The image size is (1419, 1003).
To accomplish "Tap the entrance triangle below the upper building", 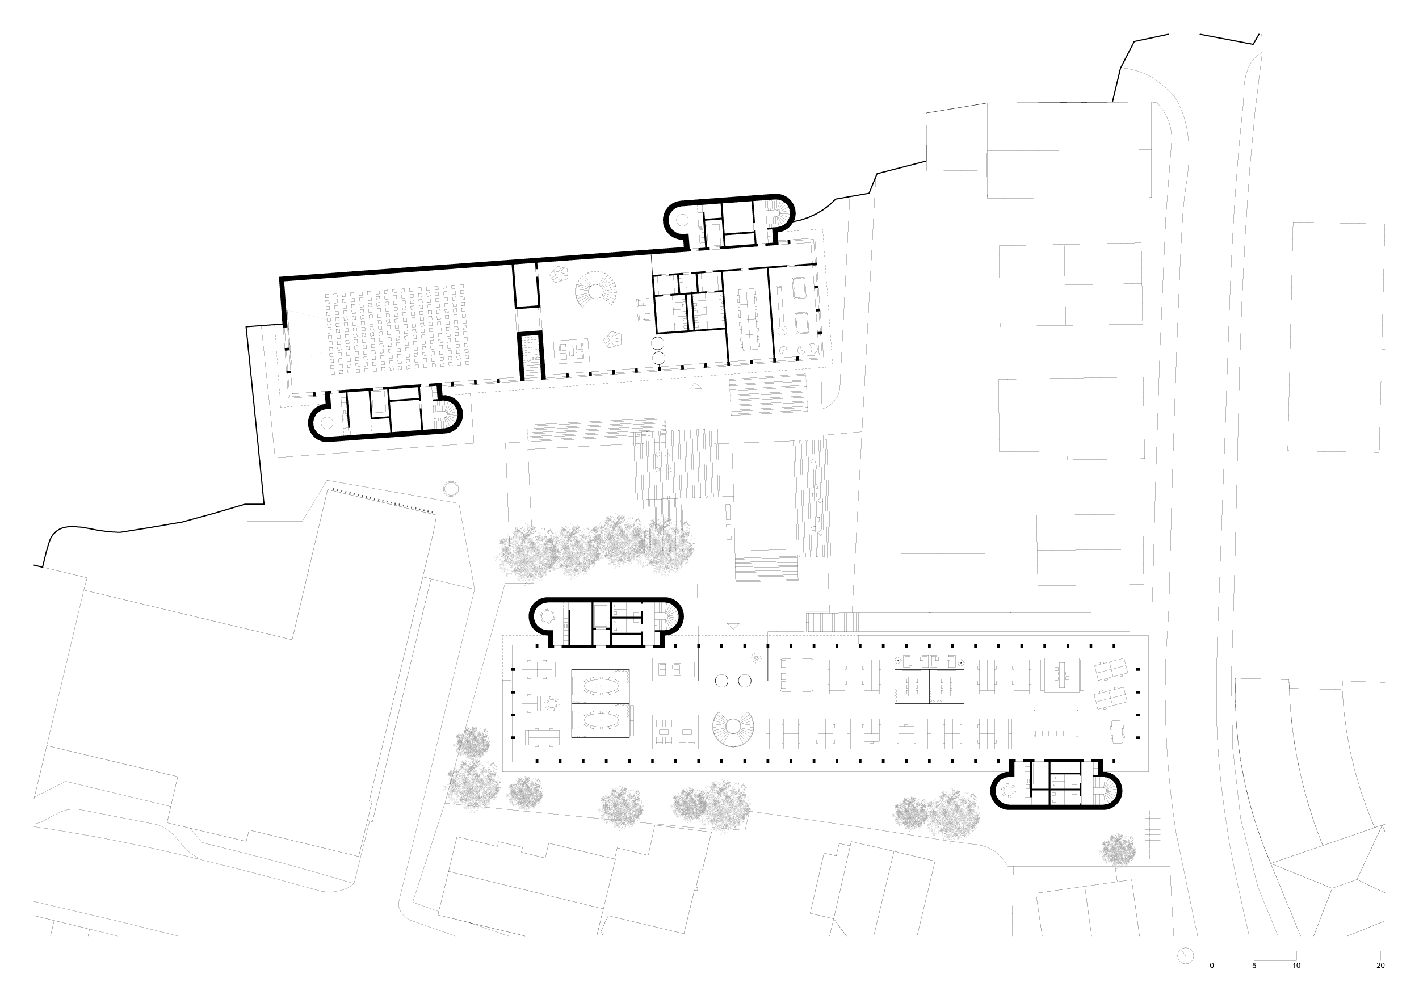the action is click(695, 386).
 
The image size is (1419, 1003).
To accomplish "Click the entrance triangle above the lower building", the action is click(733, 626).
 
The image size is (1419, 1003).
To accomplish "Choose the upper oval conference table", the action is click(600, 685).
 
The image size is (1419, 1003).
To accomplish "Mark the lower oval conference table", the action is click(600, 719).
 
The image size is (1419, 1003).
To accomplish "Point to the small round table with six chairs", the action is click(551, 703).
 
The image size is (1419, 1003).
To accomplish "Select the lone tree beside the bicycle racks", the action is click(1118, 850).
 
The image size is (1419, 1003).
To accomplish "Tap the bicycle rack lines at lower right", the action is click(1152, 835).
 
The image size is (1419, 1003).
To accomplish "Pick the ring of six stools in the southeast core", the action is click(1009, 790).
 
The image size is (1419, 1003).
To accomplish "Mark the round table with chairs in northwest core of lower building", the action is click(548, 615).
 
